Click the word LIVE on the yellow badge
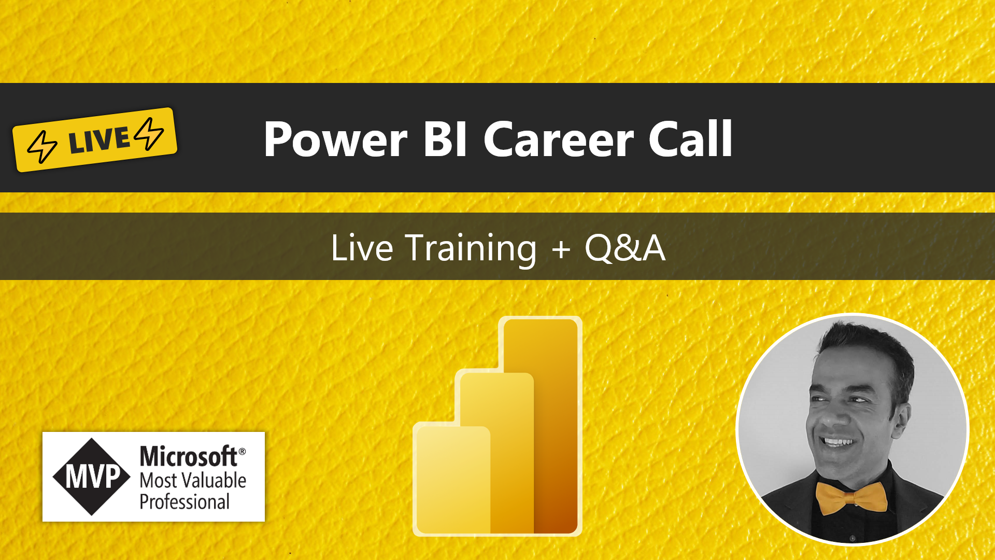click(x=99, y=140)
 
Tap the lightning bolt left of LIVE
click(x=42, y=147)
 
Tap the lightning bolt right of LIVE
click(x=149, y=133)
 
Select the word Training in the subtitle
click(x=471, y=249)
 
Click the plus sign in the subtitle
click(x=561, y=249)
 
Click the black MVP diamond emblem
click(x=92, y=477)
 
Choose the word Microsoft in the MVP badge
click(x=189, y=457)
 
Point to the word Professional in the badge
click(x=184, y=502)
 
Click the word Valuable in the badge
click(x=213, y=481)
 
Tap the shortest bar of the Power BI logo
click(x=452, y=480)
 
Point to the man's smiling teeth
click(x=838, y=442)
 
